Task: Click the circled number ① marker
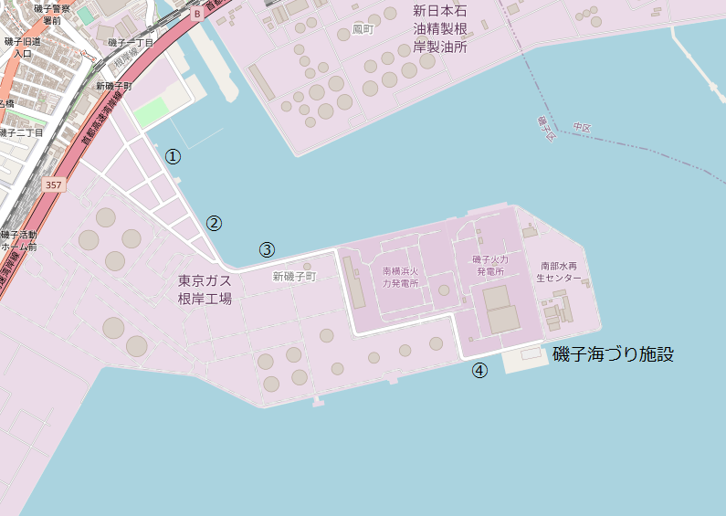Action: pyautogui.click(x=173, y=156)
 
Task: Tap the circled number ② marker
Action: pyautogui.click(x=214, y=223)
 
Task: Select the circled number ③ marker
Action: pyautogui.click(x=267, y=248)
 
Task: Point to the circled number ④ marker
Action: pyautogui.click(x=479, y=370)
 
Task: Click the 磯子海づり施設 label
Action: pyautogui.click(x=613, y=354)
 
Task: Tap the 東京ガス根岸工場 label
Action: pyautogui.click(x=205, y=290)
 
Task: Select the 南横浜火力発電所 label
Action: pyautogui.click(x=400, y=277)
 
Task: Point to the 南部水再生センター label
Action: pyautogui.click(x=559, y=271)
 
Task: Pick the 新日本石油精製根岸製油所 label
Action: pyautogui.click(x=440, y=29)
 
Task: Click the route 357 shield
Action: pyautogui.click(x=54, y=185)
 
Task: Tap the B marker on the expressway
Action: pyautogui.click(x=196, y=15)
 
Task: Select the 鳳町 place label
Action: pyautogui.click(x=363, y=30)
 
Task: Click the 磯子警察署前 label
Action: pyautogui.click(x=45, y=14)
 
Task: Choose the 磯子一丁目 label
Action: pyautogui.click(x=131, y=43)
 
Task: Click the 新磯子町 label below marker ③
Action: pyautogui.click(x=293, y=275)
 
